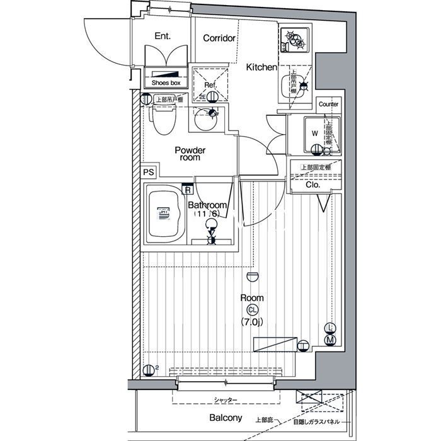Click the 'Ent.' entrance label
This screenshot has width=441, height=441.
click(163, 37)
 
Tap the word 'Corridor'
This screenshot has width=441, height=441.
click(219, 38)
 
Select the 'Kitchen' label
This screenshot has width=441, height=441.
click(261, 67)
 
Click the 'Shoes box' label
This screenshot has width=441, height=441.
click(166, 83)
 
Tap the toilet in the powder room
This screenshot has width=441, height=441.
click(163, 118)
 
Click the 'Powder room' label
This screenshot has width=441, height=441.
click(190, 154)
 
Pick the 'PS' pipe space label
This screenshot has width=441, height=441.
click(148, 172)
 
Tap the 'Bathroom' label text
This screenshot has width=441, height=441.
click(207, 206)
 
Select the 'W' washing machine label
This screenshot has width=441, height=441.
click(314, 133)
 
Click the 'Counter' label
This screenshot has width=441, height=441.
click(328, 104)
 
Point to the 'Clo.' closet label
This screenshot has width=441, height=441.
click(313, 185)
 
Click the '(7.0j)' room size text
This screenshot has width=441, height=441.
click(252, 323)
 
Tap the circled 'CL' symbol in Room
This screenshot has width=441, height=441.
click(252, 310)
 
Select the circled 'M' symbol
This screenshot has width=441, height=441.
click(331, 340)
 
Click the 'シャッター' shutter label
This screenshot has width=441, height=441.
click(226, 400)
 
